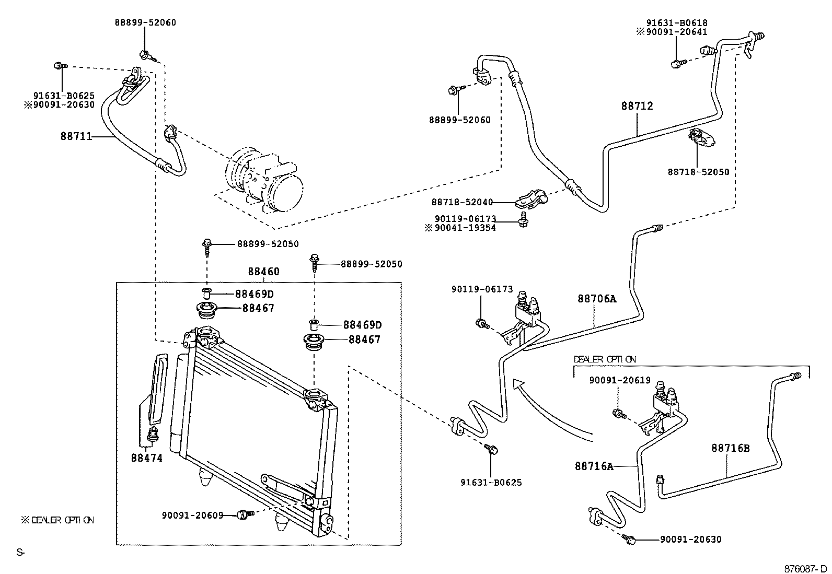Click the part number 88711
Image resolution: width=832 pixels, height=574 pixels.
(76, 137)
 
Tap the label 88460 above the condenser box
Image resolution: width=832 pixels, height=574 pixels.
(263, 272)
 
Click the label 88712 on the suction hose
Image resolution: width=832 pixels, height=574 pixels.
(637, 106)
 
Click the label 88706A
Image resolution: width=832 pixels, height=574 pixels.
(596, 299)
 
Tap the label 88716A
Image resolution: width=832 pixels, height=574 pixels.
(594, 466)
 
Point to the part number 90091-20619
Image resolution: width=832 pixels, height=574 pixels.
(620, 380)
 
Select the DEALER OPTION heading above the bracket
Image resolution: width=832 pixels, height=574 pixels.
(605, 359)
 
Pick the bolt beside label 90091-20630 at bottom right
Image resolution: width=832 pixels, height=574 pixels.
(630, 539)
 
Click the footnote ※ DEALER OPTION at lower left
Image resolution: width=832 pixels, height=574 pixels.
(57, 520)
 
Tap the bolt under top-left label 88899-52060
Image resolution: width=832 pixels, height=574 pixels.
(145, 54)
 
